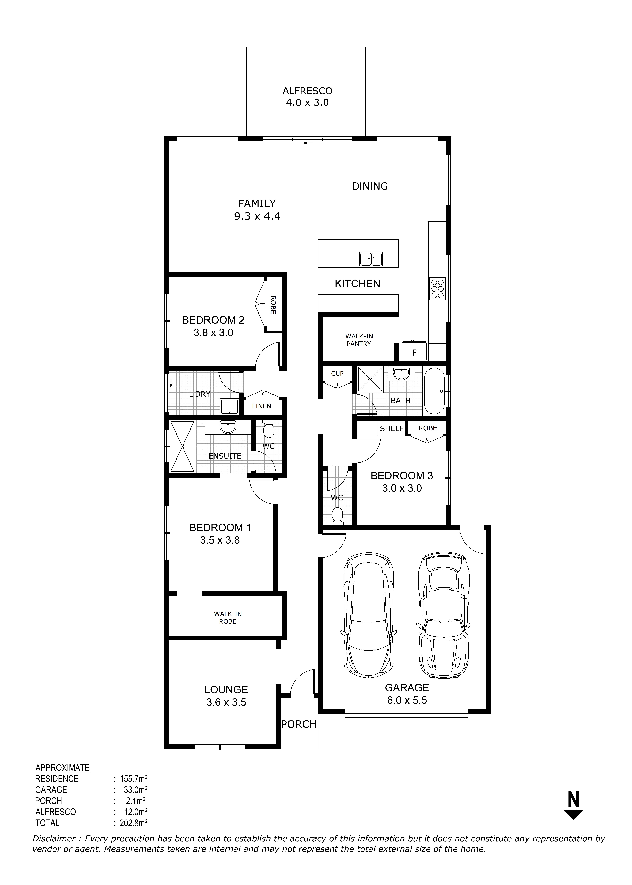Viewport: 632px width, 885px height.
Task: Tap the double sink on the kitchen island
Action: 371,259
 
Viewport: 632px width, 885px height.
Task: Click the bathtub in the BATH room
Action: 434,391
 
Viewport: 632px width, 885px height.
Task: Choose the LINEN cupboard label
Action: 262,406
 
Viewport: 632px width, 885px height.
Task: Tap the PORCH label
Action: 299,724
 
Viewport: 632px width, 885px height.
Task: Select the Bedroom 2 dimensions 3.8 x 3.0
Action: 213,333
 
